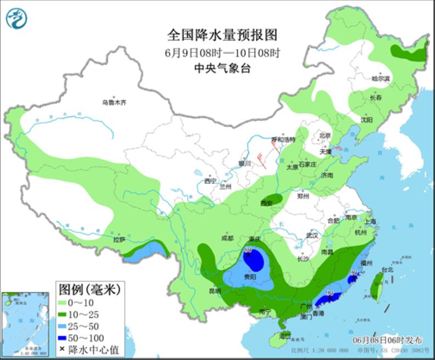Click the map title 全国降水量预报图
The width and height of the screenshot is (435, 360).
(x=222, y=35)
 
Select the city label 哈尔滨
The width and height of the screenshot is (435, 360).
(x=380, y=79)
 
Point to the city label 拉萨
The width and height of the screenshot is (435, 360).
(x=119, y=240)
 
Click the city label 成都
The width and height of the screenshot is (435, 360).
(x=228, y=238)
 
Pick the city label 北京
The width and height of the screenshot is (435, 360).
(x=325, y=136)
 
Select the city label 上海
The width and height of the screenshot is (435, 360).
(x=370, y=222)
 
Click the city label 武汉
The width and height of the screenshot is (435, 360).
(x=313, y=235)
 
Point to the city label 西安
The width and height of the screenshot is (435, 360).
(x=267, y=203)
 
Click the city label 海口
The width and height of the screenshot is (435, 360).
(x=284, y=335)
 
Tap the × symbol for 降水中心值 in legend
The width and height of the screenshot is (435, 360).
(x=64, y=349)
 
